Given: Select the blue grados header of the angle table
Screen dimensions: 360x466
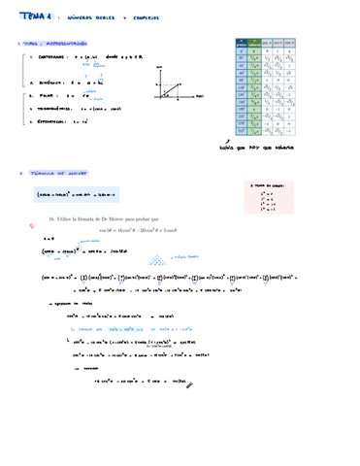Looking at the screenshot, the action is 241,41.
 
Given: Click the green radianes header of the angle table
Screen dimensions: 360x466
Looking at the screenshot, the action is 256,41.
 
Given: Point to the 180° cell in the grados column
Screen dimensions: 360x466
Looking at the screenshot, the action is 241,111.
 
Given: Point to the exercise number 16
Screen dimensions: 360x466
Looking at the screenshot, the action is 51,220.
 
